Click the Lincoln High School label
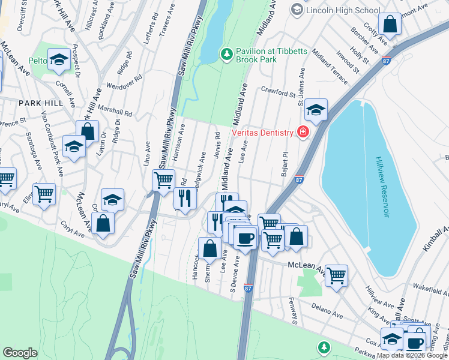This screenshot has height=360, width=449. click(x=343, y=10)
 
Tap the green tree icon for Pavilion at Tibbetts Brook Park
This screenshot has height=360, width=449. click(x=227, y=55)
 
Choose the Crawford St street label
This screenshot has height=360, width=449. click(x=279, y=92)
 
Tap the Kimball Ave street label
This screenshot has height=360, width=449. click(x=437, y=242)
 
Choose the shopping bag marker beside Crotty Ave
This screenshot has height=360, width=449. click(x=390, y=25)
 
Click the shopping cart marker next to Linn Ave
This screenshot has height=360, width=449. click(x=163, y=180)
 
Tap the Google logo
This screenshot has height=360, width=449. click(x=20, y=353)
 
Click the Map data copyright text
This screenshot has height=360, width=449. click(x=412, y=355)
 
